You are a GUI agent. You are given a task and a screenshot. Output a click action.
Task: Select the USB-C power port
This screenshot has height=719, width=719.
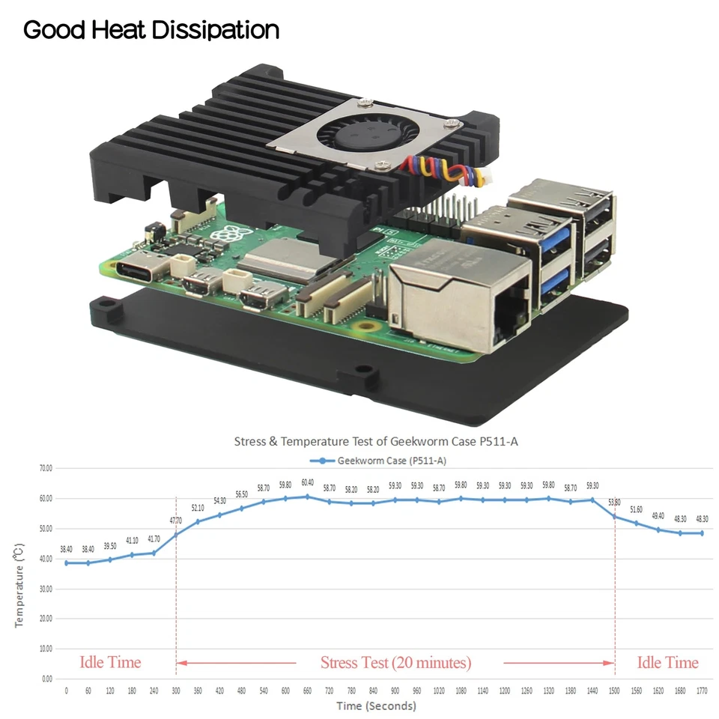tap(139, 269)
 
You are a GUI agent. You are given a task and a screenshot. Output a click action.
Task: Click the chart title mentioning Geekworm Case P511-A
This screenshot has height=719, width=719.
tap(376, 441)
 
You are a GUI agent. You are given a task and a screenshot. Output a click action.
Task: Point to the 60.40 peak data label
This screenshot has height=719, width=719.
tap(307, 482)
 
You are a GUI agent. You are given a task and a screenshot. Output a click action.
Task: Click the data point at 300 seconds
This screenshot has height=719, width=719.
tap(176, 535)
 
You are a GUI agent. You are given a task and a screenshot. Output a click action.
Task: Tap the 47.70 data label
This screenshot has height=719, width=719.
tap(176, 521)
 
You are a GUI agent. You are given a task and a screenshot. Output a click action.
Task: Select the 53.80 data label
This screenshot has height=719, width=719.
tap(615, 502)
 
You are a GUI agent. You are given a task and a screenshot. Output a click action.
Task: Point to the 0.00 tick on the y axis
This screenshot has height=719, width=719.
tap(46, 679)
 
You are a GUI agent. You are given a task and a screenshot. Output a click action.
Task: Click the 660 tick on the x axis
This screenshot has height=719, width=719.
tap(307, 691)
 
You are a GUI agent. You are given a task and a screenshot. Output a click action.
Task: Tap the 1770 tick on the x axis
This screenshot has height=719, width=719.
tap(702, 691)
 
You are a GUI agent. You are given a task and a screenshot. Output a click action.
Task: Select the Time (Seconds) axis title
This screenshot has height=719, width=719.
tap(376, 706)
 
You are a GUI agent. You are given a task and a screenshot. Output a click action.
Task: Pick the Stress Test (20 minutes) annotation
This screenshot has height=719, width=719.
tap(395, 663)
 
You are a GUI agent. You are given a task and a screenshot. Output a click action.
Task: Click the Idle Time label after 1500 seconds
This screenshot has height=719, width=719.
tap(667, 663)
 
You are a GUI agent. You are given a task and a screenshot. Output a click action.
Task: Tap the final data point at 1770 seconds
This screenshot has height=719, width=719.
tap(702, 533)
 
